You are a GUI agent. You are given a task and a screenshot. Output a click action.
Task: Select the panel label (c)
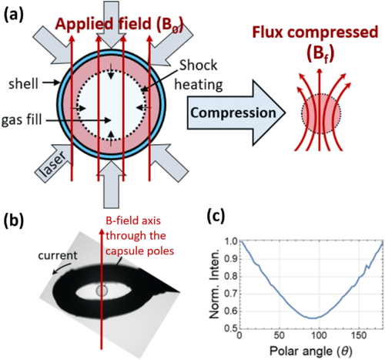point(216,216)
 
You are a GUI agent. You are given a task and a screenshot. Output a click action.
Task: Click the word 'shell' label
point(23,84)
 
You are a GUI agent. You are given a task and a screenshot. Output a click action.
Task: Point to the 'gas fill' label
point(22,120)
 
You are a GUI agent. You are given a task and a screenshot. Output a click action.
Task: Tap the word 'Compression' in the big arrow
point(233,113)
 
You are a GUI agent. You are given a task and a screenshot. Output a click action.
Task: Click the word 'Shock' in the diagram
point(198,66)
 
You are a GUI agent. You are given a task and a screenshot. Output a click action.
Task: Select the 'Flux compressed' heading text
point(315,32)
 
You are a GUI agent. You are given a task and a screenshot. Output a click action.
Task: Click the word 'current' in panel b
point(58,255)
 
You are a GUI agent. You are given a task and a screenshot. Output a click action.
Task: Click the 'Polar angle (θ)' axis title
point(310,351)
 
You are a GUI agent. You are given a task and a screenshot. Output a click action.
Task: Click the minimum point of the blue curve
point(313,318)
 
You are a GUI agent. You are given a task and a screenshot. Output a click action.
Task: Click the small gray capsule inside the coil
point(102,291)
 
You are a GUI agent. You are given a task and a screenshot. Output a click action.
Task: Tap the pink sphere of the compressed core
point(321,113)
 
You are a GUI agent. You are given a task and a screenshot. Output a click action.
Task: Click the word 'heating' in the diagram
point(199,84)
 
